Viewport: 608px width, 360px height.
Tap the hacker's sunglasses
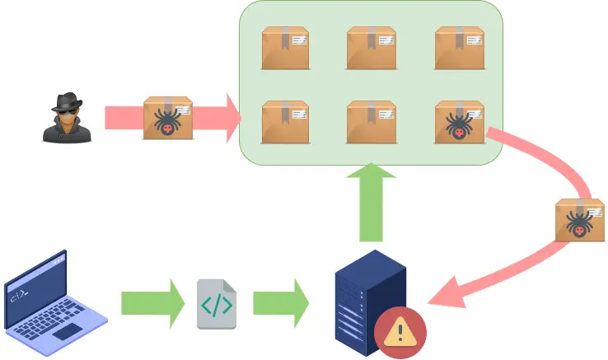click(66, 110)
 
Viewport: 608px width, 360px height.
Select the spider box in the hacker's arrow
click(168, 119)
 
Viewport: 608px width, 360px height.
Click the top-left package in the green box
click(285, 48)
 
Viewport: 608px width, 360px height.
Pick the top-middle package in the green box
click(371, 48)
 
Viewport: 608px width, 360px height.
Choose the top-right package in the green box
click(458, 48)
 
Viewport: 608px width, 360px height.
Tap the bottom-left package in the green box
click(285, 122)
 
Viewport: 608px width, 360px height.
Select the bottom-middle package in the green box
click(371, 122)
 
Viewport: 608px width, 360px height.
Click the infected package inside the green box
click(458, 122)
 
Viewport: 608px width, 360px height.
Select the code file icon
click(216, 304)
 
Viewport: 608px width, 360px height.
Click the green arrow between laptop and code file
click(152, 302)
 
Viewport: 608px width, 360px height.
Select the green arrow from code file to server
click(280, 302)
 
